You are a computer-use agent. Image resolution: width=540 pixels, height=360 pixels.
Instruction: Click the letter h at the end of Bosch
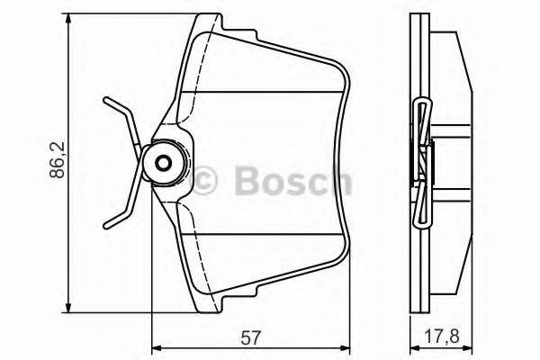pos(338,181)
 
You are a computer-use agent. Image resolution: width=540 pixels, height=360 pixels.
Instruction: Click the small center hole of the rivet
pos(164,164)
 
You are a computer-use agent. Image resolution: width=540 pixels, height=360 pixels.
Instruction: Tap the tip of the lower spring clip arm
pos(106,224)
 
